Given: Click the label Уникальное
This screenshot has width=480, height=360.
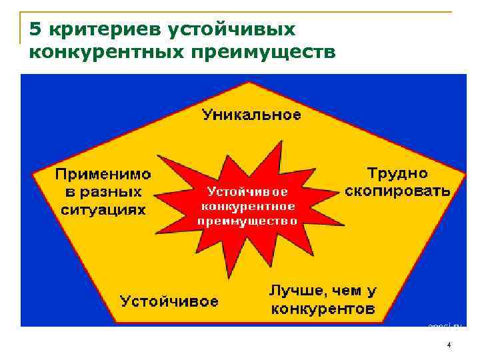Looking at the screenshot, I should [x=251, y=115].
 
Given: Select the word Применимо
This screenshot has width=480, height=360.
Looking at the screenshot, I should [x=103, y=175].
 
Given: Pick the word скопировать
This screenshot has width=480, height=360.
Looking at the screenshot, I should [x=397, y=191].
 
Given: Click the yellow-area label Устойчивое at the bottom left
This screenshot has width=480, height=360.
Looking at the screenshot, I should [x=169, y=301].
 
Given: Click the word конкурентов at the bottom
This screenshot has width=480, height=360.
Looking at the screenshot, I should [x=323, y=309].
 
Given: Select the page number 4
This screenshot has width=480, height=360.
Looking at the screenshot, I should [x=449, y=345].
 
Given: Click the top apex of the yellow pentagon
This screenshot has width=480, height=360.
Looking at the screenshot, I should [x=249, y=83].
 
